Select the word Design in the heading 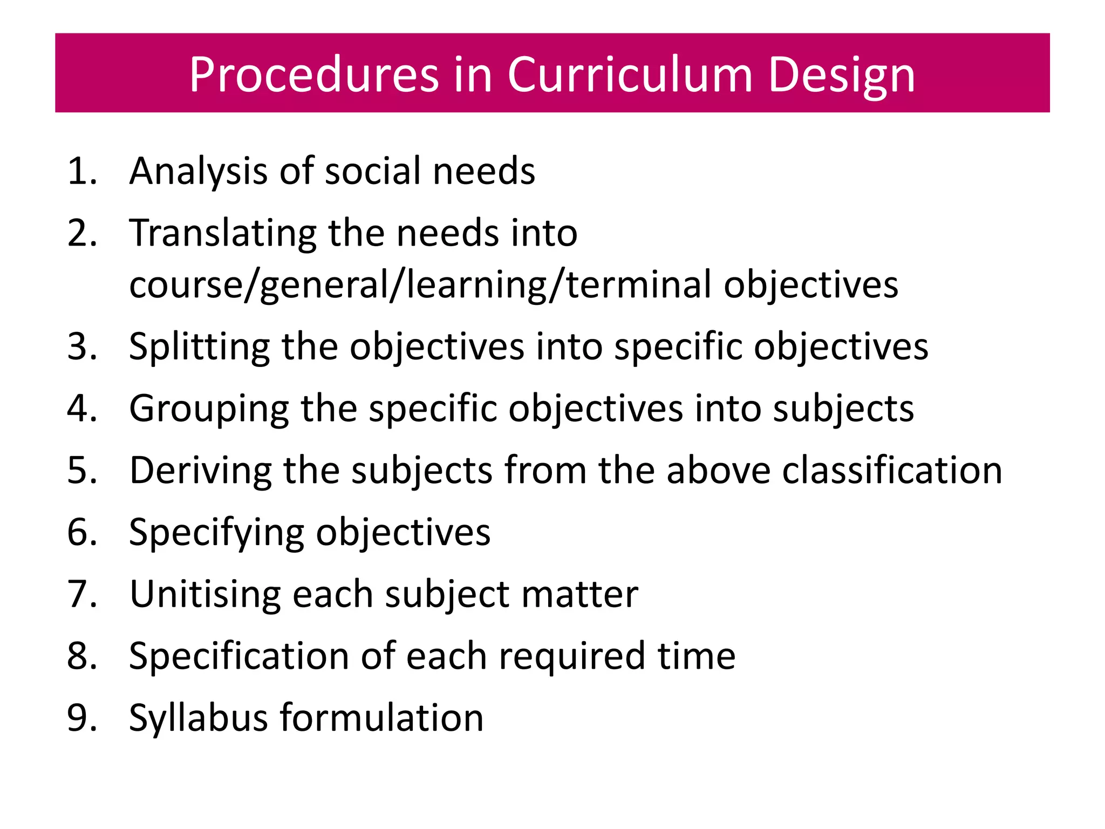click(841, 76)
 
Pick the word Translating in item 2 click(223, 233)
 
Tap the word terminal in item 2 click(639, 284)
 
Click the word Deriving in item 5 click(200, 470)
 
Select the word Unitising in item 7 click(205, 594)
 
